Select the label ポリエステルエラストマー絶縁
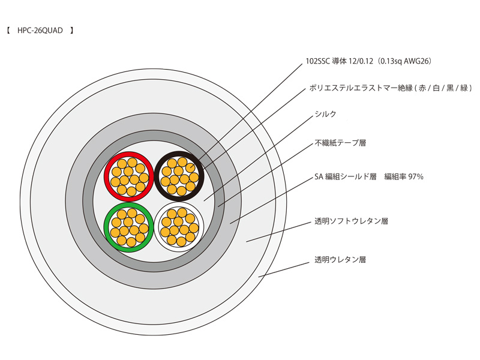354,88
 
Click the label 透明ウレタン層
340,260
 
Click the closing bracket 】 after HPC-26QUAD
72,29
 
